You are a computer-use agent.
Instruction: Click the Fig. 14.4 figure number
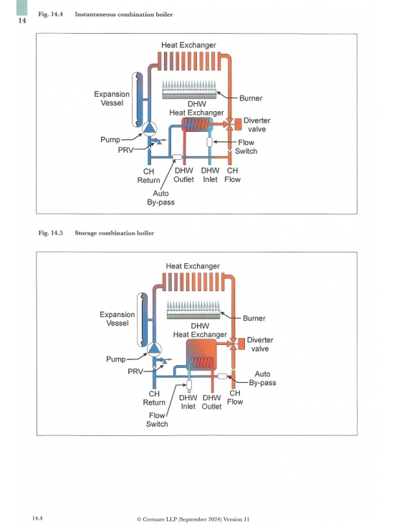(x=51, y=14)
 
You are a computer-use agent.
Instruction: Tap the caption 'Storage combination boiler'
(x=115, y=233)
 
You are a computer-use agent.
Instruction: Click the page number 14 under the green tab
(x=22, y=20)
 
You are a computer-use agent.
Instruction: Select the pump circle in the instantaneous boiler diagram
(x=149, y=128)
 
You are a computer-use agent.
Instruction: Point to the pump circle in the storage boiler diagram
(x=154, y=349)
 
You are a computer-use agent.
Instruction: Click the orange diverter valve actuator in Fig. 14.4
(x=238, y=124)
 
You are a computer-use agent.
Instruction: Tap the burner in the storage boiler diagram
(x=193, y=310)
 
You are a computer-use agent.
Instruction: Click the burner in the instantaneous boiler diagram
(x=189, y=90)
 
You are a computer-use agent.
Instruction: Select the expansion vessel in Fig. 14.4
(x=138, y=100)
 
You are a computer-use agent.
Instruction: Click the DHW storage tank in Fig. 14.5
(x=201, y=354)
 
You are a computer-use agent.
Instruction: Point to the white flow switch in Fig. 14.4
(x=210, y=142)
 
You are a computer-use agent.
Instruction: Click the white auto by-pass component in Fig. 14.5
(x=222, y=376)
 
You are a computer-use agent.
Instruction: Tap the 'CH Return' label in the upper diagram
(x=149, y=176)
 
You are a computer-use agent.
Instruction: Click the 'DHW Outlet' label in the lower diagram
(x=212, y=402)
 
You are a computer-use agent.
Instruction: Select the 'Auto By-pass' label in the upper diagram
(x=161, y=198)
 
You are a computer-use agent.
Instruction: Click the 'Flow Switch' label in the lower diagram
(x=157, y=420)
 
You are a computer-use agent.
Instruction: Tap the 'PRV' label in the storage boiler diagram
(x=135, y=372)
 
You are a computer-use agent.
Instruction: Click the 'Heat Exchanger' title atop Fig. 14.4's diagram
(x=188, y=45)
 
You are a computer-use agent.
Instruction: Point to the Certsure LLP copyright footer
(x=193, y=519)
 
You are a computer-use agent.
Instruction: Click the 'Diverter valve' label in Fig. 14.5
(x=260, y=344)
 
